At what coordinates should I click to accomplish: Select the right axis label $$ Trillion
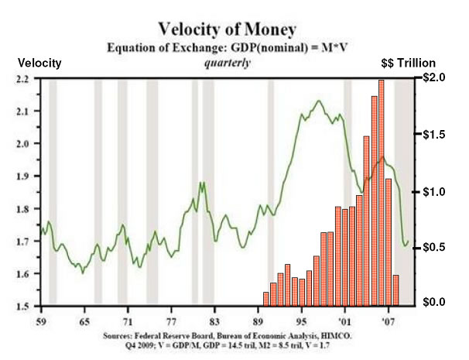409,63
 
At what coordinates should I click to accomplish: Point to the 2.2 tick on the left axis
22,79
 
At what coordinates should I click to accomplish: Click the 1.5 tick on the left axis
22,307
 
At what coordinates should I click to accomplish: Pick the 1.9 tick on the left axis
22,177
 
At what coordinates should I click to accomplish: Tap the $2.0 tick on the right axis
433,79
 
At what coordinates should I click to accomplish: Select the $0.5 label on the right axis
433,247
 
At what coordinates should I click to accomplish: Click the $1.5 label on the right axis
433,135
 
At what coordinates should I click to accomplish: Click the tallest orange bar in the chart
382,194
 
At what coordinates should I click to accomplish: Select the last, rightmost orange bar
395,290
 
